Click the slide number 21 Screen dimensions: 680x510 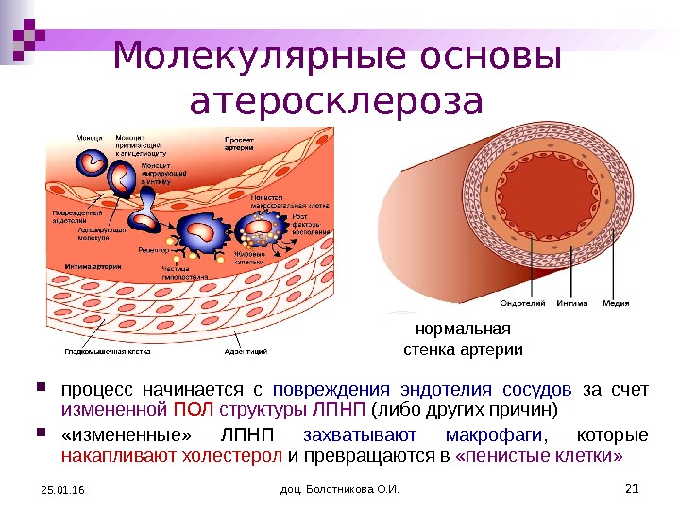(x=632, y=487)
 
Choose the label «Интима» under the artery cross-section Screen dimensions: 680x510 (x=572, y=303)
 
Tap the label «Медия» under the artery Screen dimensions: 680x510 (x=617, y=303)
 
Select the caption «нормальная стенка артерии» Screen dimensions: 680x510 (x=462, y=339)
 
